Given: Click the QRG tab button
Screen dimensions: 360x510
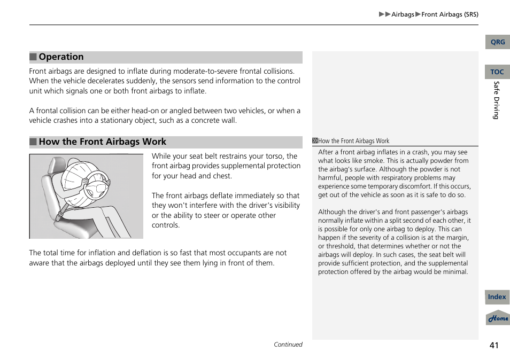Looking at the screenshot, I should pos(497,42).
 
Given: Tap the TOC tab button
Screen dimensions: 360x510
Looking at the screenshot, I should pos(497,72).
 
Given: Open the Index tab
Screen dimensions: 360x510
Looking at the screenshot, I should pos(497,297).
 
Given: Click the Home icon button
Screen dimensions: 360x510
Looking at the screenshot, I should pos(498,318).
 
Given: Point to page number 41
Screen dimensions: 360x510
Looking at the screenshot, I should pos(493,345).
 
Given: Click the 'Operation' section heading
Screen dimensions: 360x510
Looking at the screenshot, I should pos(61,57).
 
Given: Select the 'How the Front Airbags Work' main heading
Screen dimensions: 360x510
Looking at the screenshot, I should pos(102,142).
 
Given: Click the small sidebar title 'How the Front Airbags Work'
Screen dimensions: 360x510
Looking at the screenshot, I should pos(353,141).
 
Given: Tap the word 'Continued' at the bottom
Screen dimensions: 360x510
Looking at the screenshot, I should pos(288,345).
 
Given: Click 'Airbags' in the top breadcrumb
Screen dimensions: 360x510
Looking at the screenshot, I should pos(403,14).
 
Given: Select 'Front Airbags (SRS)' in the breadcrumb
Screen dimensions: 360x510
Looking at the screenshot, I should pos(450,14).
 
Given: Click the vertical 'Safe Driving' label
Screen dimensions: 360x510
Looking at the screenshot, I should pos(496,100).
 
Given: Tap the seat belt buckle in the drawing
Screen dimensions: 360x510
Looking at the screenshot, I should pos(60,215).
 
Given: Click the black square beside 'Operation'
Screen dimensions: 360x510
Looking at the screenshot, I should pos(33,57).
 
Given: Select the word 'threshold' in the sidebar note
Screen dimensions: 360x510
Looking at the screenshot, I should pos(340,246).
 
